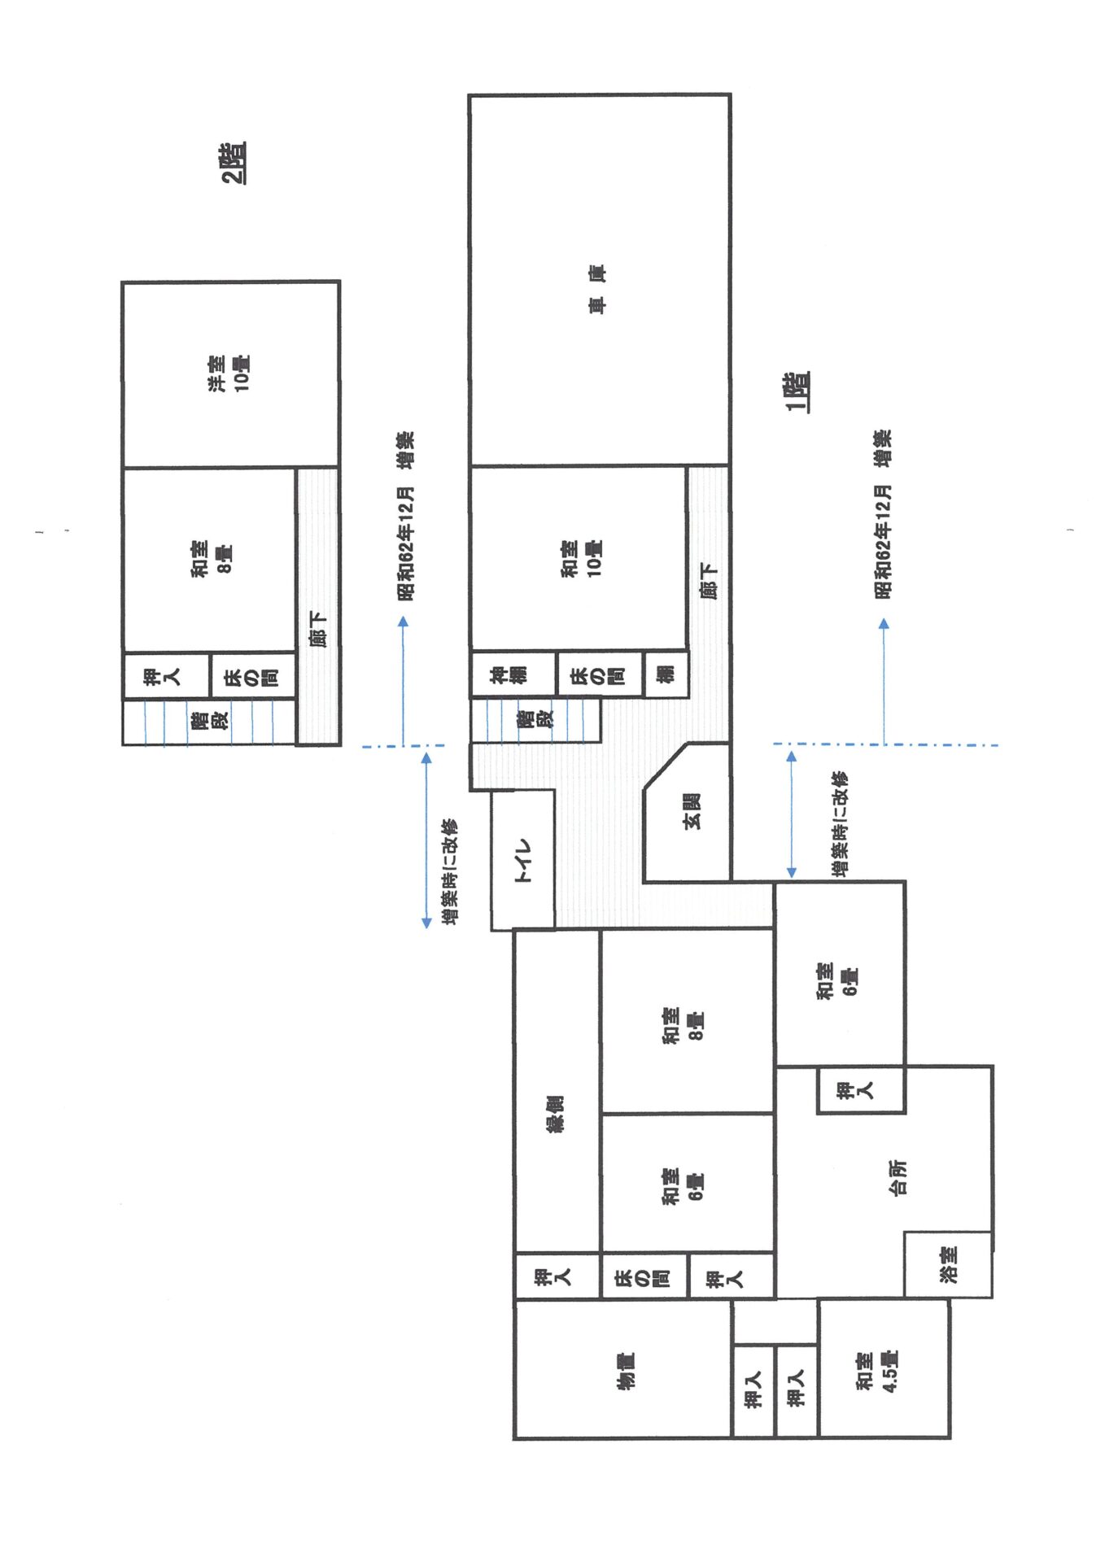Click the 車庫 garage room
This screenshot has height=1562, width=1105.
click(600, 280)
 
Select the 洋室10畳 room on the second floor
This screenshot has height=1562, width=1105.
click(230, 374)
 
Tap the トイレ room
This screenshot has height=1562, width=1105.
click(523, 860)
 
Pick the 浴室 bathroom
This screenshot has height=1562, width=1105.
click(948, 1264)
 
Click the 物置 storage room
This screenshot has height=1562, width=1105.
click(623, 1369)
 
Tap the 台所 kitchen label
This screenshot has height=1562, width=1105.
click(898, 1177)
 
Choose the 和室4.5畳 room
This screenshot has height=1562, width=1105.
click(884, 1368)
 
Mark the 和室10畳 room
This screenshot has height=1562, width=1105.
click(578, 559)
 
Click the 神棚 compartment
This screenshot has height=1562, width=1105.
click(513, 674)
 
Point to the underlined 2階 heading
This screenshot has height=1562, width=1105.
click(234, 163)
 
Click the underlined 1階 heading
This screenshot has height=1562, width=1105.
click(797, 392)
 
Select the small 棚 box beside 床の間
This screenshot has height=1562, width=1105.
click(666, 674)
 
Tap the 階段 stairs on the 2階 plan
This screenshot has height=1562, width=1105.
click(208, 722)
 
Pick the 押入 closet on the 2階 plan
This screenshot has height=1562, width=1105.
click(166, 675)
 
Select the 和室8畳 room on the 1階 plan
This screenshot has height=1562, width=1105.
click(687, 1021)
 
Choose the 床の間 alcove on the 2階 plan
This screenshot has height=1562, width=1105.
click(253, 675)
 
